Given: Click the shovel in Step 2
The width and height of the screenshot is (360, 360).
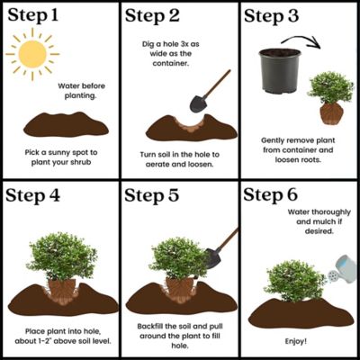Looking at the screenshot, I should pos(205,87).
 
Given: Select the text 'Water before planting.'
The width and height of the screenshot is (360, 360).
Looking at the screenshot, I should pos(82,92).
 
